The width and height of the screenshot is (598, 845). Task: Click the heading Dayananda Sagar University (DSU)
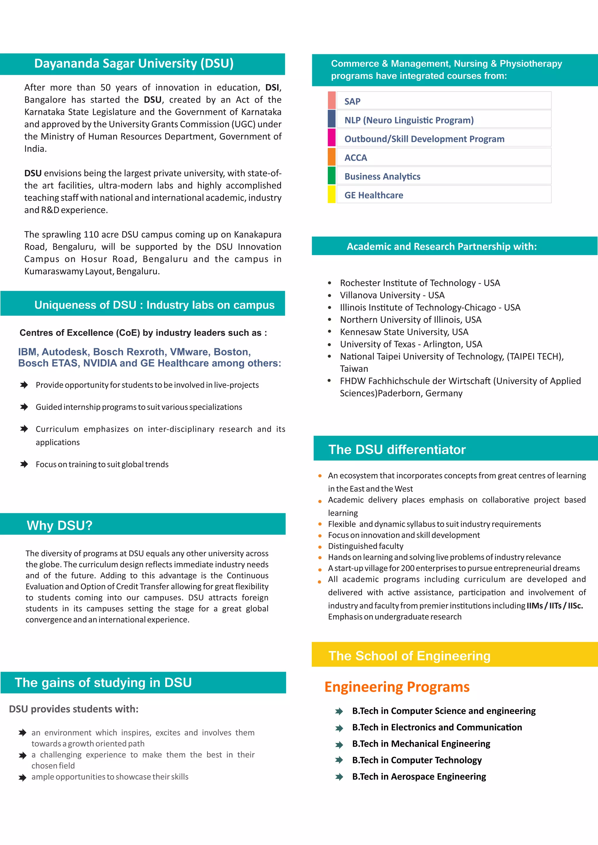pos(134,64)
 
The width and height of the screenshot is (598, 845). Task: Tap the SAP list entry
pos(352,101)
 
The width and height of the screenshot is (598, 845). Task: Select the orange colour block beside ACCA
pos(331,157)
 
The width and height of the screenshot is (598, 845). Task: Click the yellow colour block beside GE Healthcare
pos(331,194)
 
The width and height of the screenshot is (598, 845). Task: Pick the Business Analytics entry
pos(382,176)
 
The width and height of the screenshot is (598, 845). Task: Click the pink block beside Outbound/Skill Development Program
pos(331,138)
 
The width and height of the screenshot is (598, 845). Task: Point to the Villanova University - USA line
pos(392,295)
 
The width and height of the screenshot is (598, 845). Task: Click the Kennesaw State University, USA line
pos(404,332)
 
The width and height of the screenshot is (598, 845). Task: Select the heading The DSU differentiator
pos(397,449)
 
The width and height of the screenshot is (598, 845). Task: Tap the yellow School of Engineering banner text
pos(409,656)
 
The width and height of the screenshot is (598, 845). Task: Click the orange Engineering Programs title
pos(397,687)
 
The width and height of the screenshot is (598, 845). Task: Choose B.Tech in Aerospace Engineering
pos(419,776)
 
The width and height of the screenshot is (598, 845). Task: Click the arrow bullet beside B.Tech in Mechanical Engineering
pos(339,745)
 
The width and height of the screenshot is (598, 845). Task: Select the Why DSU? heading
pos(60,525)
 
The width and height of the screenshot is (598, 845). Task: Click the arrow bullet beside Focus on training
pos(24,464)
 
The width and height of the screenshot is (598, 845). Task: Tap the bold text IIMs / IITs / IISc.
pos(554,605)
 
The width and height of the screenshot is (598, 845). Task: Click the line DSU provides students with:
pos(74,709)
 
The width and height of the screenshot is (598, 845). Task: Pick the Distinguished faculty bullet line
pos(365,546)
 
